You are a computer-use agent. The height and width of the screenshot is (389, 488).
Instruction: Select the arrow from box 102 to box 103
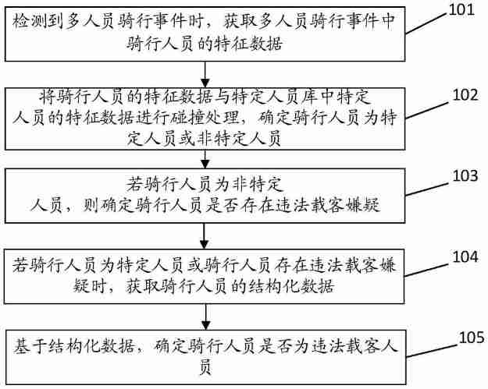[x=205, y=160]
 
